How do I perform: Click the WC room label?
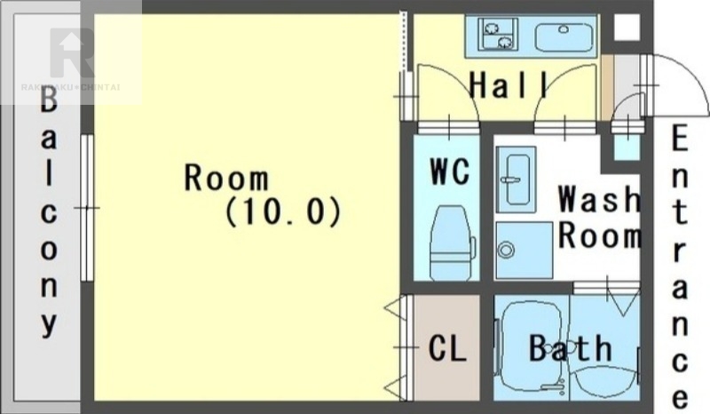coord(450,171)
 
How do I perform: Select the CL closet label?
coord(447,348)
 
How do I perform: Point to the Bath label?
coord(571,348)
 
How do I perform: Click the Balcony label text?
coord(49,212)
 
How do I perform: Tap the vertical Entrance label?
coord(679,267)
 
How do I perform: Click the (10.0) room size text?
coord(282,211)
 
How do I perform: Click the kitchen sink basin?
coord(564,36)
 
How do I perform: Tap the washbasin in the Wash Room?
coord(517,179)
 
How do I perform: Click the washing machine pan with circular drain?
coord(524,250)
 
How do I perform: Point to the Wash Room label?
coord(599,217)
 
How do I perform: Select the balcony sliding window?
coord(87,208)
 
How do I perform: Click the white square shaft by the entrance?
coord(627,27)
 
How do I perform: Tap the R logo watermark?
coord(73,52)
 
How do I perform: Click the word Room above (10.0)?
coord(226,178)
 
